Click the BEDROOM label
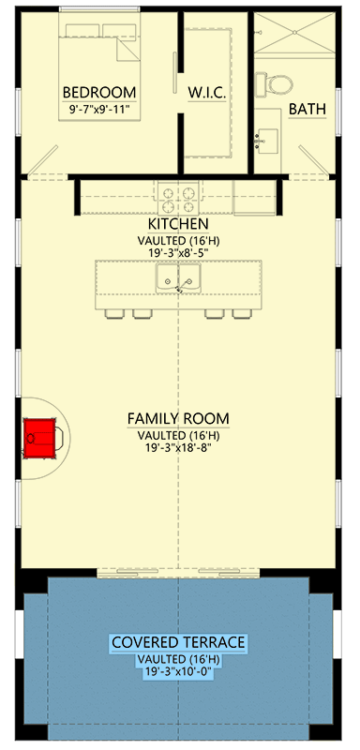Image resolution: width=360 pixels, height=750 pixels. (98, 92)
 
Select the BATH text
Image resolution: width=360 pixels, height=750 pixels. (307, 110)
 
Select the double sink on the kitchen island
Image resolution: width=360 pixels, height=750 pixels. (178, 278)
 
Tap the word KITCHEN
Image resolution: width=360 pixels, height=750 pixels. (177, 225)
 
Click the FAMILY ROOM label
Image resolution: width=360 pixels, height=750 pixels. (178, 418)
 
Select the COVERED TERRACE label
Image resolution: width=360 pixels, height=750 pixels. (178, 642)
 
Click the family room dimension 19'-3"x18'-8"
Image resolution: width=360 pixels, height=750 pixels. (178, 450)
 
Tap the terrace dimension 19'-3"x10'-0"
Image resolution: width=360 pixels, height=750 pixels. (178, 673)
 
